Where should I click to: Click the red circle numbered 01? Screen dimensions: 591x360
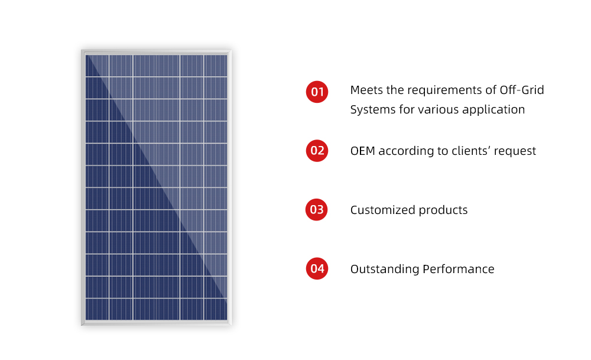click(317, 92)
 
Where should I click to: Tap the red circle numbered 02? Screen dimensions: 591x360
click(317, 151)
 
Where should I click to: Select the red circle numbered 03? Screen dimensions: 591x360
click(317, 210)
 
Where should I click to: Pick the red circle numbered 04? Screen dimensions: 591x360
click(317, 268)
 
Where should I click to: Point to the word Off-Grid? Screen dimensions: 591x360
click(522, 90)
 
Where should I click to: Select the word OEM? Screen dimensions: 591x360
click(363, 151)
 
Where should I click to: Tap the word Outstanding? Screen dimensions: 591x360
click(385, 269)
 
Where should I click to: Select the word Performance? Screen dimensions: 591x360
click(459, 269)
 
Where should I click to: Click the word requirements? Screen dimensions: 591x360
click(445, 90)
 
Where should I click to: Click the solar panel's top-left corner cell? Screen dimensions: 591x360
click(97, 66)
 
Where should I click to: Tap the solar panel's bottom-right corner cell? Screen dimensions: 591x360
click(216, 310)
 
